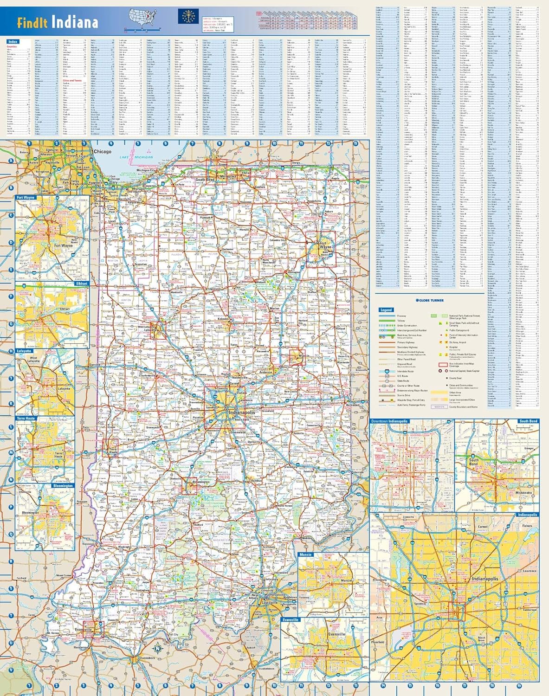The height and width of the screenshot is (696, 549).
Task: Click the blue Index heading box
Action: tap(13, 42)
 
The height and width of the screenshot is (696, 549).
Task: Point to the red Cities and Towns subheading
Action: tap(72, 80)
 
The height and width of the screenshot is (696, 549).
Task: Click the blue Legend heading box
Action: tap(386, 309)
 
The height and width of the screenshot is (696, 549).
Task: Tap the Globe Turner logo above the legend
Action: tap(430, 300)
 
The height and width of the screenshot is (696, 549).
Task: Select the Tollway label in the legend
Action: tap(401, 321)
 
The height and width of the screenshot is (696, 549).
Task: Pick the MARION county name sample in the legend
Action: tap(439, 407)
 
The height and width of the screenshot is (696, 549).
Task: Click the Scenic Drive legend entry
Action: tap(403, 395)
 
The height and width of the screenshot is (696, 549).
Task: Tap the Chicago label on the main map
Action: tap(102, 152)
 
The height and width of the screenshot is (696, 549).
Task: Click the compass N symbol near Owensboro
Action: tap(157, 648)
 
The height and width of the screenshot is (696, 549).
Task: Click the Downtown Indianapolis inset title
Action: tap(389, 421)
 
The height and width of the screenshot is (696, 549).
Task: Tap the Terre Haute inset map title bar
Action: tap(26, 418)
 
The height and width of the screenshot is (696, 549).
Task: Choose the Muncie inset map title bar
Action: tap(306, 554)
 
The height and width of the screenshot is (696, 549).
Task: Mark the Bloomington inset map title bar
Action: tap(63, 486)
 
